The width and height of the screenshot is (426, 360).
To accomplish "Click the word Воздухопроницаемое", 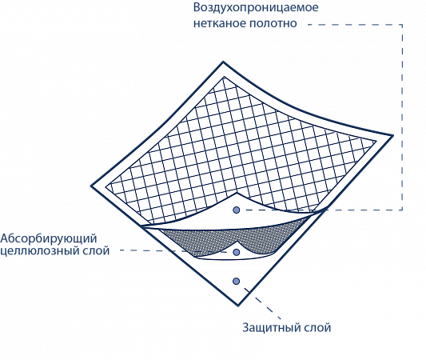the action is click(x=256, y=8).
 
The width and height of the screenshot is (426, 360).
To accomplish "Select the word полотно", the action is click(x=273, y=23).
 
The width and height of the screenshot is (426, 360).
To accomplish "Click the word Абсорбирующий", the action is click(x=49, y=238).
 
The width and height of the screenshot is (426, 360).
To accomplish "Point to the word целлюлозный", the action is click(x=41, y=250).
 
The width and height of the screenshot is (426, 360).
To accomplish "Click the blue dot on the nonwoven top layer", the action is click(x=237, y=210).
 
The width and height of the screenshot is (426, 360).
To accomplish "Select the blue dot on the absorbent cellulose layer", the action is click(x=237, y=252).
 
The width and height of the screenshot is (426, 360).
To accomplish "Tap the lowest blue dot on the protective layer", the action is click(x=237, y=281).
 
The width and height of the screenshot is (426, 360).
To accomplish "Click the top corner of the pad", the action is click(x=223, y=62).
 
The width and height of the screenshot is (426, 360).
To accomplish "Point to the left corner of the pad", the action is click(x=91, y=186).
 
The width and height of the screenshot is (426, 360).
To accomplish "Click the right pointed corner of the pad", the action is click(x=393, y=135).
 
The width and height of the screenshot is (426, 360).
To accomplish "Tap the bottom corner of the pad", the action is click(x=238, y=306).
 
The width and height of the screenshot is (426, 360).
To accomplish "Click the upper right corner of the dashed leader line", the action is click(x=402, y=25).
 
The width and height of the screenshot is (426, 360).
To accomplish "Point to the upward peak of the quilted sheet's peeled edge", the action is click(x=237, y=193).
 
